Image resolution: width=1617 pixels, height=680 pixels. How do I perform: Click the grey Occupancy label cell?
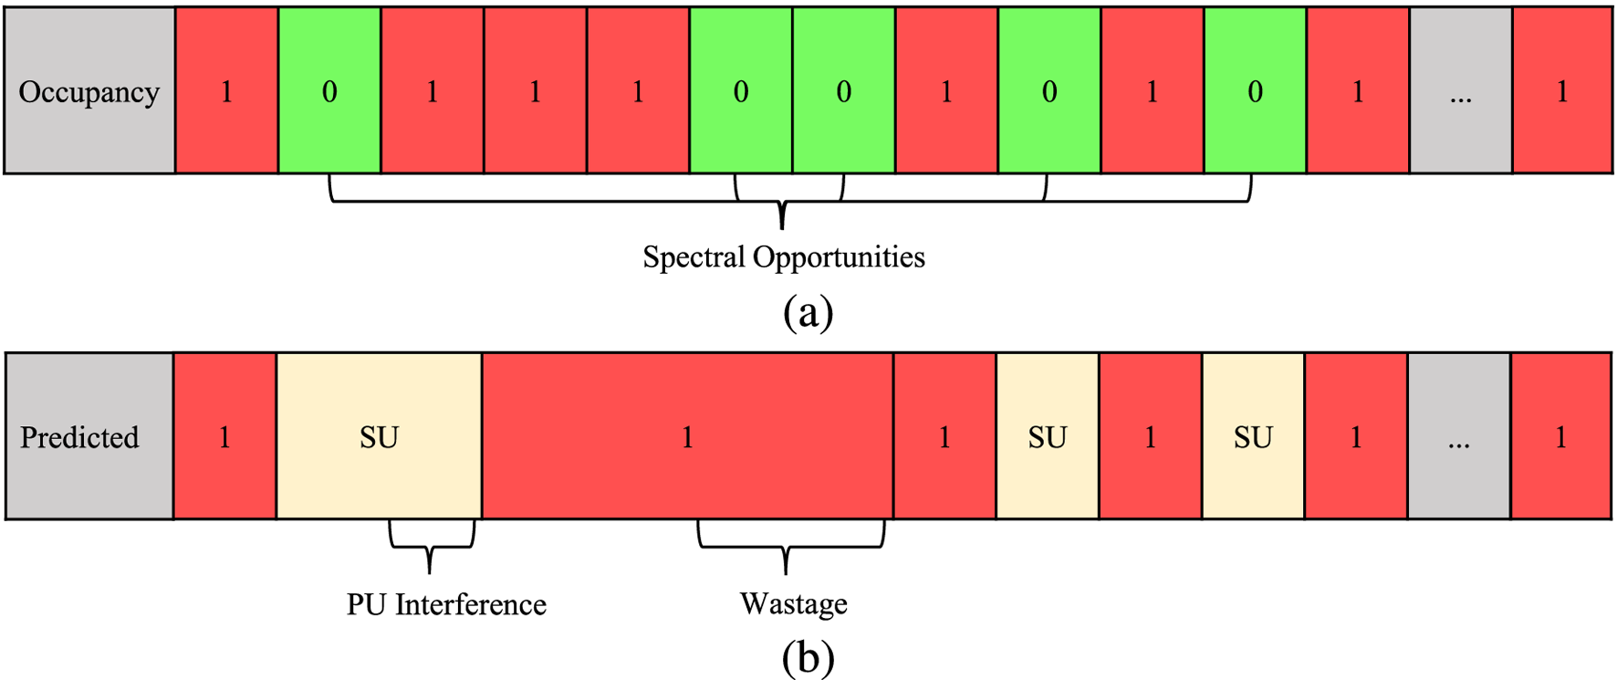click(x=89, y=91)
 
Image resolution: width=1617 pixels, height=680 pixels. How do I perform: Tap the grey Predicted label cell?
click(x=89, y=436)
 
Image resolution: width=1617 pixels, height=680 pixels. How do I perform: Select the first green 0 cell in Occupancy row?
click(x=329, y=91)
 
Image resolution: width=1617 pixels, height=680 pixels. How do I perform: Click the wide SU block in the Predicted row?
click(x=379, y=436)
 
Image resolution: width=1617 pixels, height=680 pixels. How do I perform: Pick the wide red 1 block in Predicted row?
click(x=687, y=436)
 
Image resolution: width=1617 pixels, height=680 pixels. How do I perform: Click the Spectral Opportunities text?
click(x=783, y=256)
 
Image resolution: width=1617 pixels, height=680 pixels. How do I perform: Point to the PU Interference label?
click(x=446, y=604)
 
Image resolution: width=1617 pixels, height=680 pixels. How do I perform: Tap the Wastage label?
click(x=793, y=604)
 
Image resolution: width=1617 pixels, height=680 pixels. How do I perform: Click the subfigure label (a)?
click(x=808, y=312)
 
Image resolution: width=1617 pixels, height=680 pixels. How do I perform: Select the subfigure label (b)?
click(x=808, y=656)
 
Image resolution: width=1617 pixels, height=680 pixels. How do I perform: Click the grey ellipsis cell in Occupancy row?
click(x=1460, y=91)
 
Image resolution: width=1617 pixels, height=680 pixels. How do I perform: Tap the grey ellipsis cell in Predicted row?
click(x=1458, y=436)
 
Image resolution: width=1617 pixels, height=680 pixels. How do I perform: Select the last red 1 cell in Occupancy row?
click(x=1561, y=91)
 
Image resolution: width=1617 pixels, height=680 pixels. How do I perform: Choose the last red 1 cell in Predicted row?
click(x=1560, y=436)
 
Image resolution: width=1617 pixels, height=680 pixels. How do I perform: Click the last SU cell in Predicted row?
click(x=1253, y=436)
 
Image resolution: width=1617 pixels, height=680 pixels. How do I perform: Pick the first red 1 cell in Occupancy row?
click(x=226, y=91)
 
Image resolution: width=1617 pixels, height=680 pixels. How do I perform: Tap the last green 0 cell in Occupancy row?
click(x=1255, y=91)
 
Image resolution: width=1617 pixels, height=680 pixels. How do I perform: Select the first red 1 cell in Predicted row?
click(x=224, y=436)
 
